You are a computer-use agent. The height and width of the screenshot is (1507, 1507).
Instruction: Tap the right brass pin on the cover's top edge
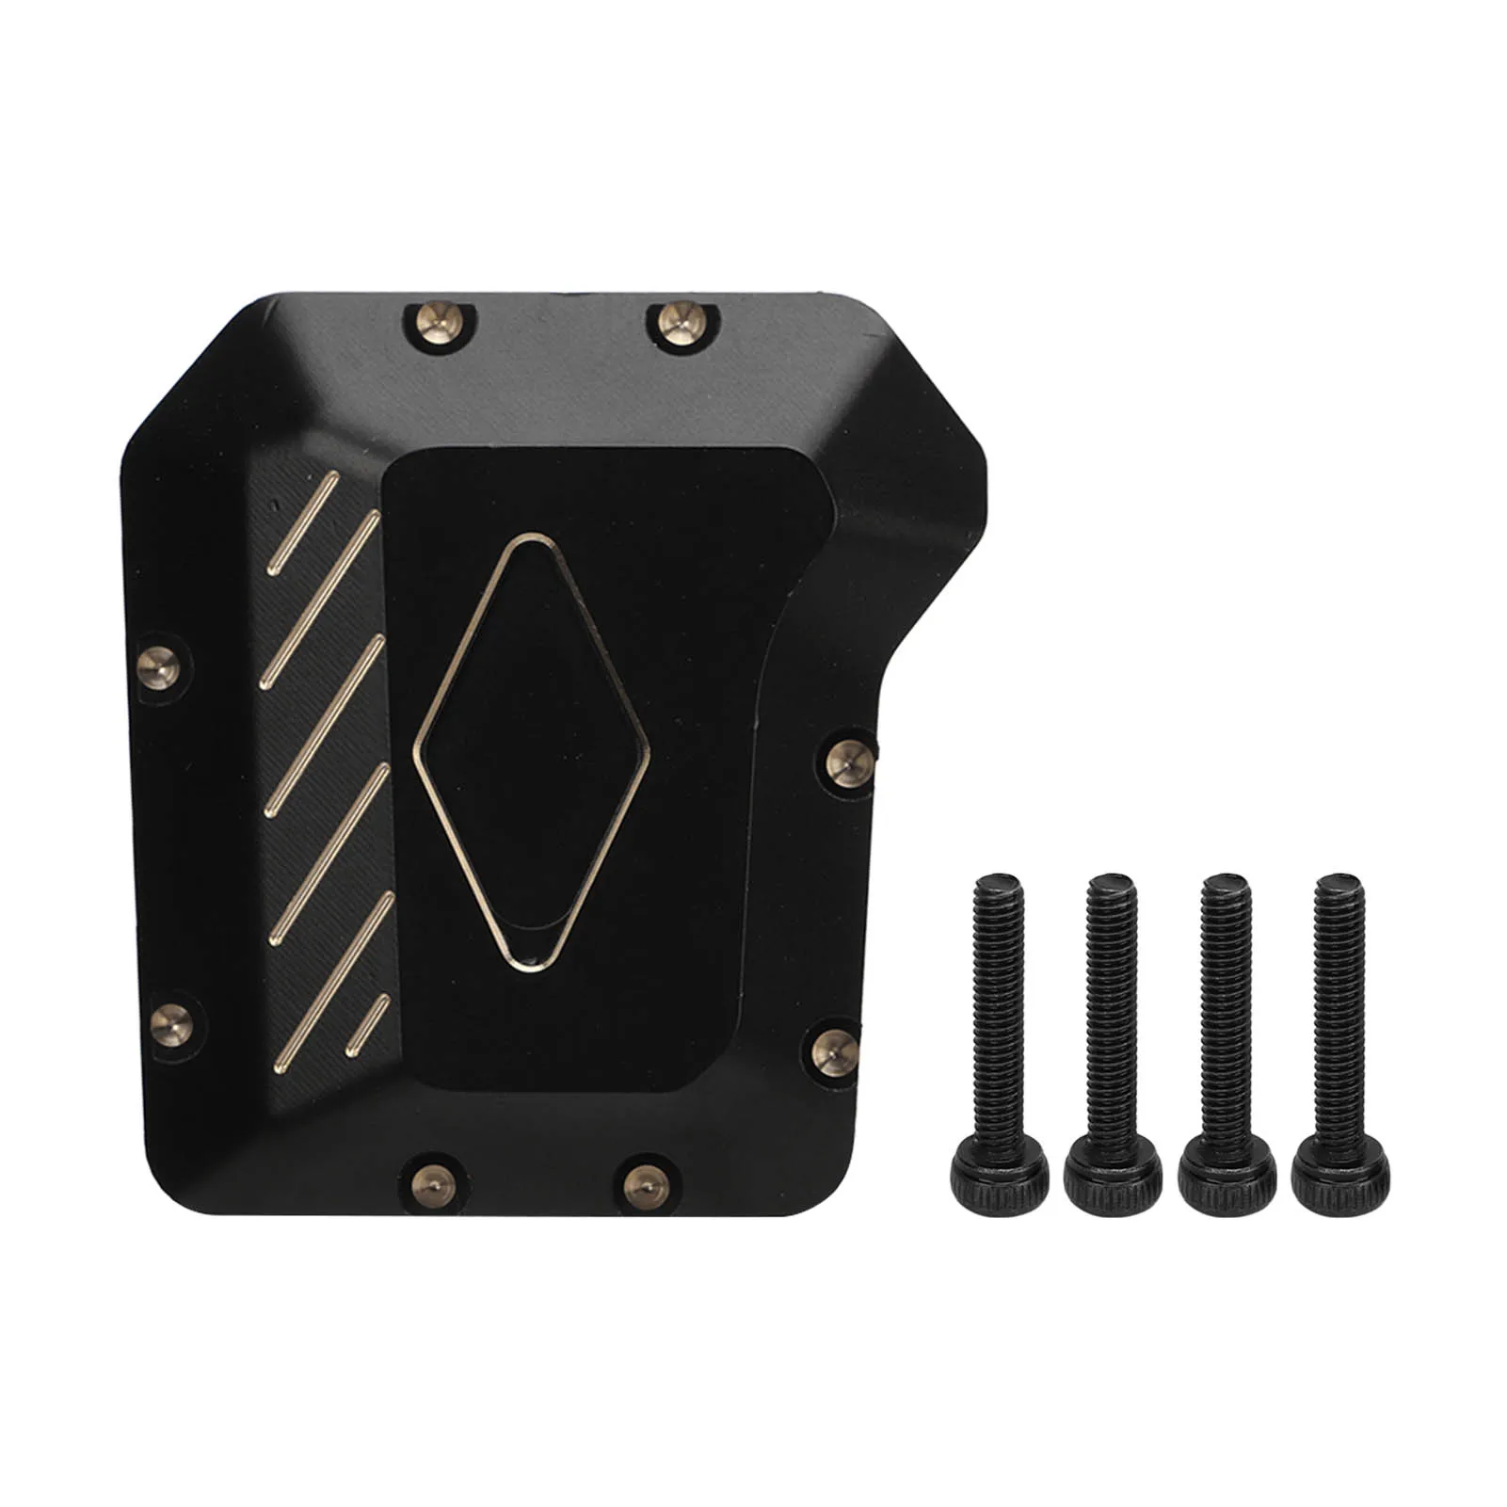click(678, 322)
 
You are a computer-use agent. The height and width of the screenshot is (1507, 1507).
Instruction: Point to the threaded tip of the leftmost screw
click(998, 887)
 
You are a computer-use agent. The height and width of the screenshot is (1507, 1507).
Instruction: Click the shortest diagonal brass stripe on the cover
click(367, 1025)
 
